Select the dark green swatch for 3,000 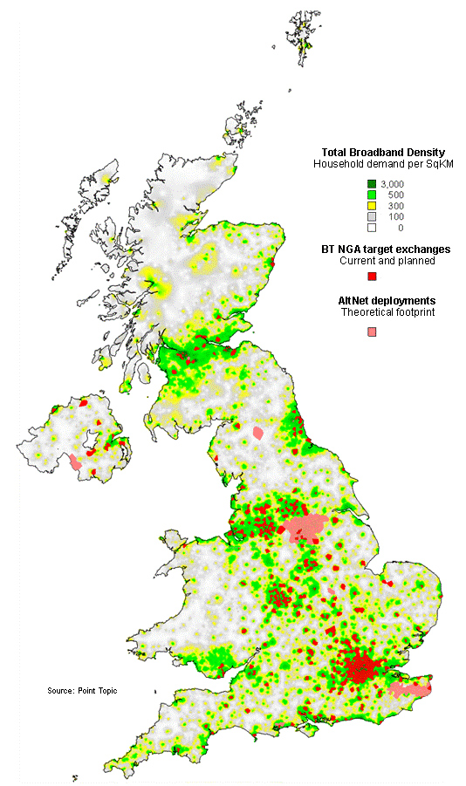[372, 182]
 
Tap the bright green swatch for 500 [372, 194]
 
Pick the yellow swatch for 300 [372, 205]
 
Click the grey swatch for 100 [372, 216]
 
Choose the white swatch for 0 [372, 228]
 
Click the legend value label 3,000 [392, 182]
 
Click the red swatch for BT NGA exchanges [372, 277]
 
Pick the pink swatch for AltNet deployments [372, 331]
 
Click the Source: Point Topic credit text [82, 691]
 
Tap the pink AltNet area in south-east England [409, 689]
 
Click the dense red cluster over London [360, 670]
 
